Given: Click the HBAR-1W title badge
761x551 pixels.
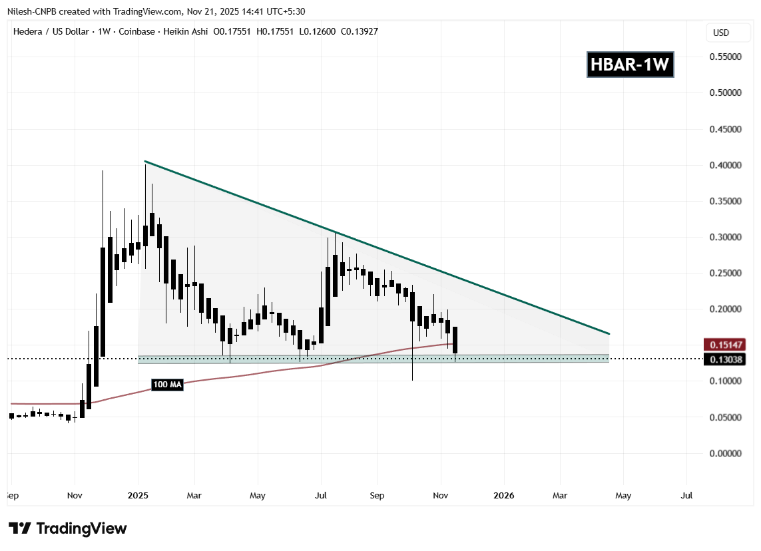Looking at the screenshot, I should [630, 65].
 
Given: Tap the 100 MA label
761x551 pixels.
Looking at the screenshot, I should [166, 385].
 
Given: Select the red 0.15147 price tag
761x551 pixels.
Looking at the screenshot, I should [724, 345].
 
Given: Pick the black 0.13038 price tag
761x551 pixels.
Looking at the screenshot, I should [724, 359].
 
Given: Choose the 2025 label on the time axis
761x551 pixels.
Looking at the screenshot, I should [138, 496].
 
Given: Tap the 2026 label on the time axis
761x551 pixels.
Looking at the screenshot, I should [503, 496].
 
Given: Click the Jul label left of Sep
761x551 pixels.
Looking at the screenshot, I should [321, 496].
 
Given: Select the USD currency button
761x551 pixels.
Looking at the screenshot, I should [721, 33].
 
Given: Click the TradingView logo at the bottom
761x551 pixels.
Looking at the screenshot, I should [68, 529].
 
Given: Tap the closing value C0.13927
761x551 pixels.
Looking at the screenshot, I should [356, 31].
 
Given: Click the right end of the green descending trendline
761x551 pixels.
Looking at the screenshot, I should [609, 333].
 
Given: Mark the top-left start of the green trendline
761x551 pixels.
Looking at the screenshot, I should [145, 162].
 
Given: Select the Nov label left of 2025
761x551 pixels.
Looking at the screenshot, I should [75, 496].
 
